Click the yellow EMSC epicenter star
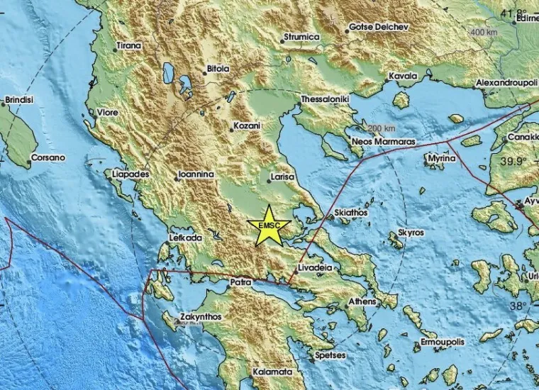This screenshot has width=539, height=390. pyautogui.click(x=269, y=225)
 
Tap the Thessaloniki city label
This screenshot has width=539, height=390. pyautogui.click(x=325, y=100)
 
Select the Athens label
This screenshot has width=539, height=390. pyautogui.click(x=348, y=301)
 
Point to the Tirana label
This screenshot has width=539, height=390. pyautogui.click(x=128, y=47)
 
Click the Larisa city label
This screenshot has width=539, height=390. pyautogui.click(x=284, y=177)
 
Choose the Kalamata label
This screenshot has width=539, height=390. pyautogui.click(x=273, y=372)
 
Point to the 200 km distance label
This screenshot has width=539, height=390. pyautogui.click(x=382, y=128)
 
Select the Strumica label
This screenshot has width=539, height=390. pyautogui.click(x=301, y=37)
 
